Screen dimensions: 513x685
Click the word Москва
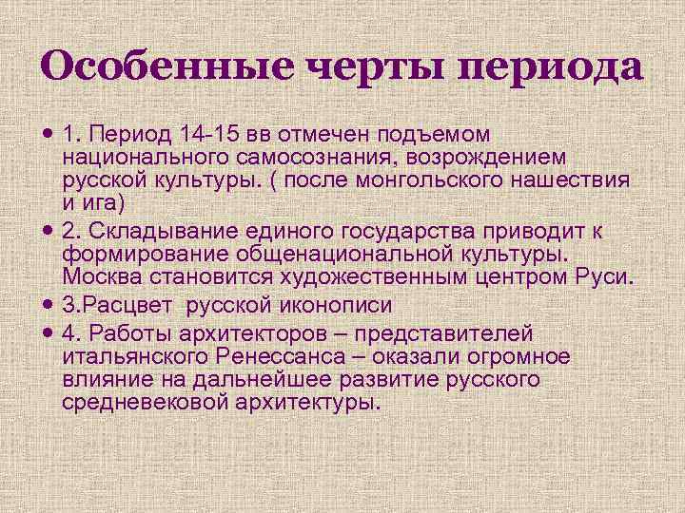(105, 277)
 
